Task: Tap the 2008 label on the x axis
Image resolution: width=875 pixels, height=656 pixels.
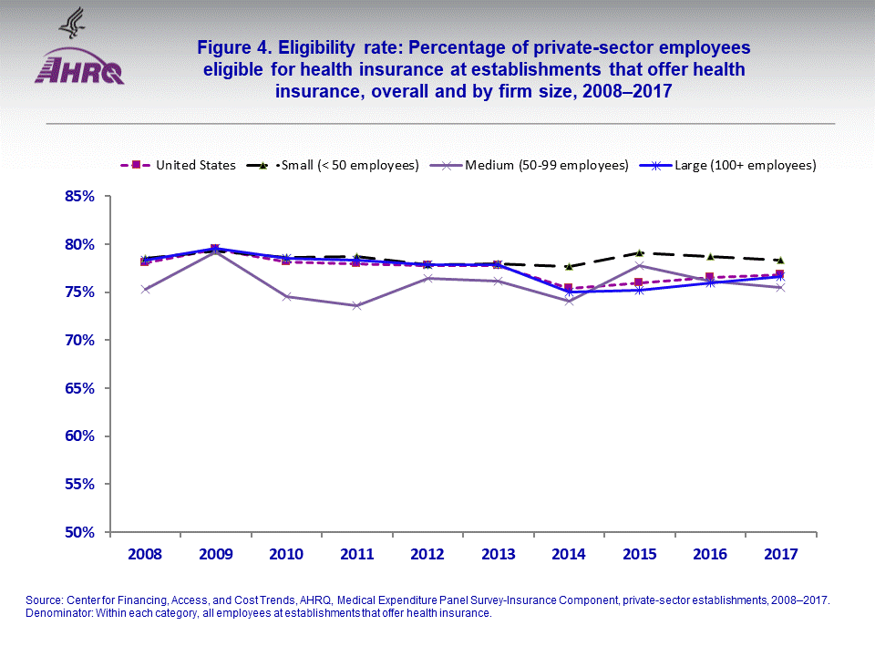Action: [x=145, y=553]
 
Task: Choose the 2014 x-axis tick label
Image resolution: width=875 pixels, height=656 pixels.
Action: [x=570, y=553]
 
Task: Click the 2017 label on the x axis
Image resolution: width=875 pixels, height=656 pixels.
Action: [x=781, y=553]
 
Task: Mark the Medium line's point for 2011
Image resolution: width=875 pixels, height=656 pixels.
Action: [x=356, y=305]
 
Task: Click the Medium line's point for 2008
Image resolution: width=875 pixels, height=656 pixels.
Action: [x=145, y=290]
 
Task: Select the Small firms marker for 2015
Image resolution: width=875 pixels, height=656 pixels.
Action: [x=640, y=252]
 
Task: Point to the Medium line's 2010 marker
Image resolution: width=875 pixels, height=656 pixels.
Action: [x=286, y=296]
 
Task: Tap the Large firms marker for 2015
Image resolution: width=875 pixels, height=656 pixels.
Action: [x=640, y=290]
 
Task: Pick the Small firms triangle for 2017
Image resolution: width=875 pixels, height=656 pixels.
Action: [x=781, y=260]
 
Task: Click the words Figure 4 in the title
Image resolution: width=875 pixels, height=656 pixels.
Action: [x=239, y=47]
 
